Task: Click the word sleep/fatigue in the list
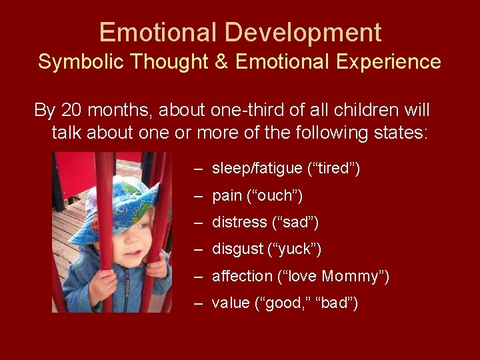pyautogui.click(x=257, y=169)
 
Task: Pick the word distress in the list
pyautogui.click(x=237, y=223)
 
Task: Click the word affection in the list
pyautogui.click(x=242, y=276)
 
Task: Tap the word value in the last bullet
pyautogui.click(x=230, y=303)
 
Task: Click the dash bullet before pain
pyautogui.click(x=199, y=196)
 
